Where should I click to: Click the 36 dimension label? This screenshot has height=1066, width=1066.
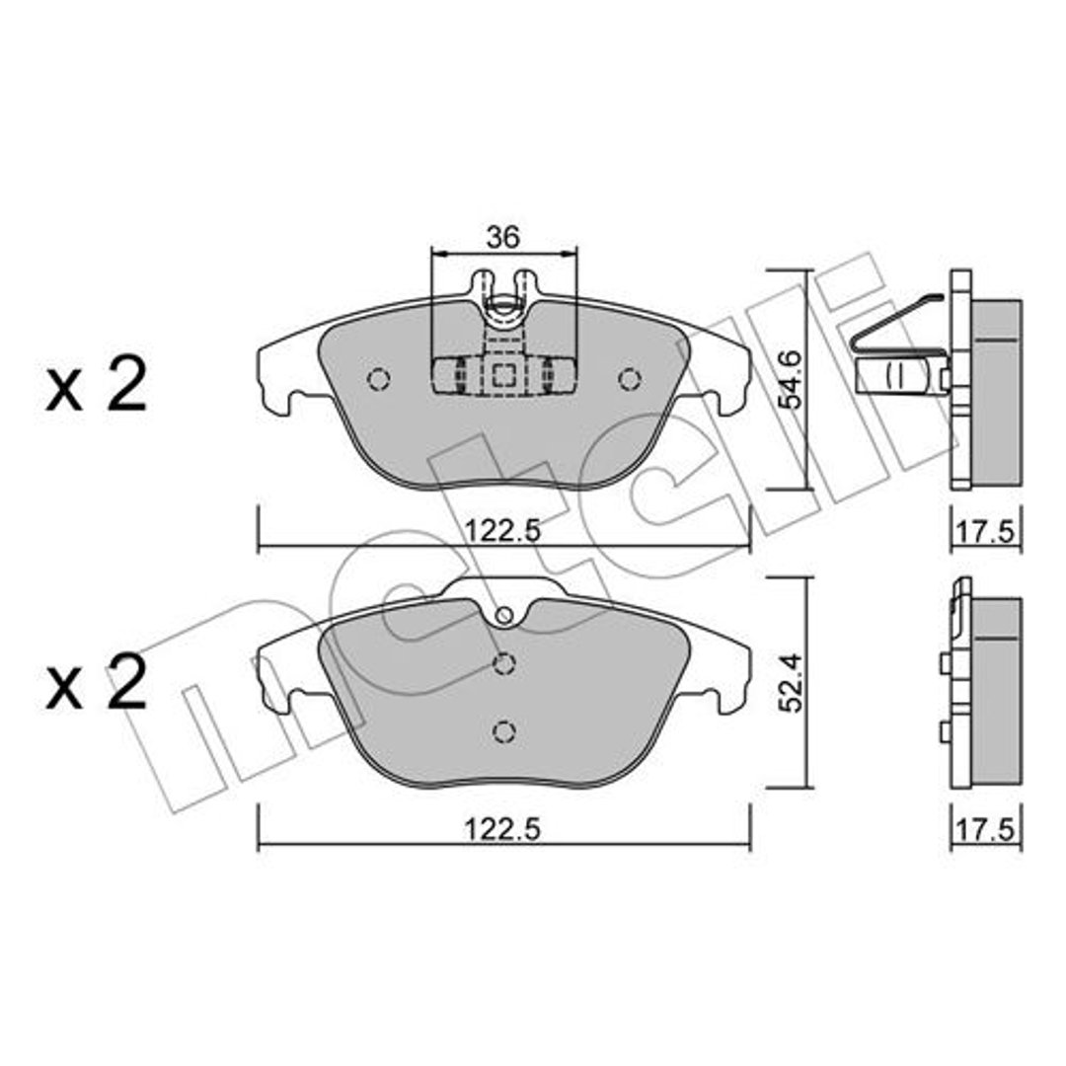(503, 237)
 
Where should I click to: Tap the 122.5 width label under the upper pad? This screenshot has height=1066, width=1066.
(502, 530)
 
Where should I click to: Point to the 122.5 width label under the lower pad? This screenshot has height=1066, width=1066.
(502, 830)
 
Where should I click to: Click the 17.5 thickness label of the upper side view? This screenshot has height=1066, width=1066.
(986, 530)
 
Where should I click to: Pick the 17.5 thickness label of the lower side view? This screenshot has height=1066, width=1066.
(986, 830)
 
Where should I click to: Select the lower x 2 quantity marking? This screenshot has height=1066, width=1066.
(96, 682)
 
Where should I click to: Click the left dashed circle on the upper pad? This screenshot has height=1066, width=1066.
(378, 379)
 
